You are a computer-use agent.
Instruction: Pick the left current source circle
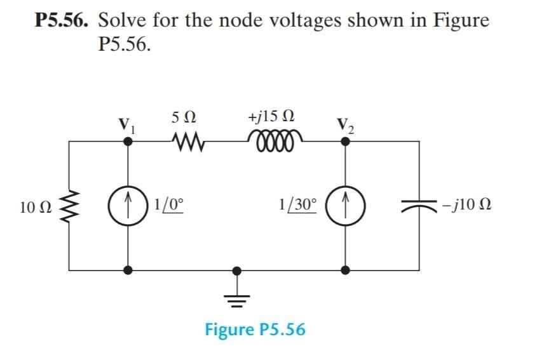pyautogui.click(x=129, y=206)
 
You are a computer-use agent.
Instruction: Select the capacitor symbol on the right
pyautogui.click(x=419, y=206)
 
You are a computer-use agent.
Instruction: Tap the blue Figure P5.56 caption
pyautogui.click(x=255, y=330)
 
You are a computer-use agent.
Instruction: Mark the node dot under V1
pyautogui.click(x=129, y=142)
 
